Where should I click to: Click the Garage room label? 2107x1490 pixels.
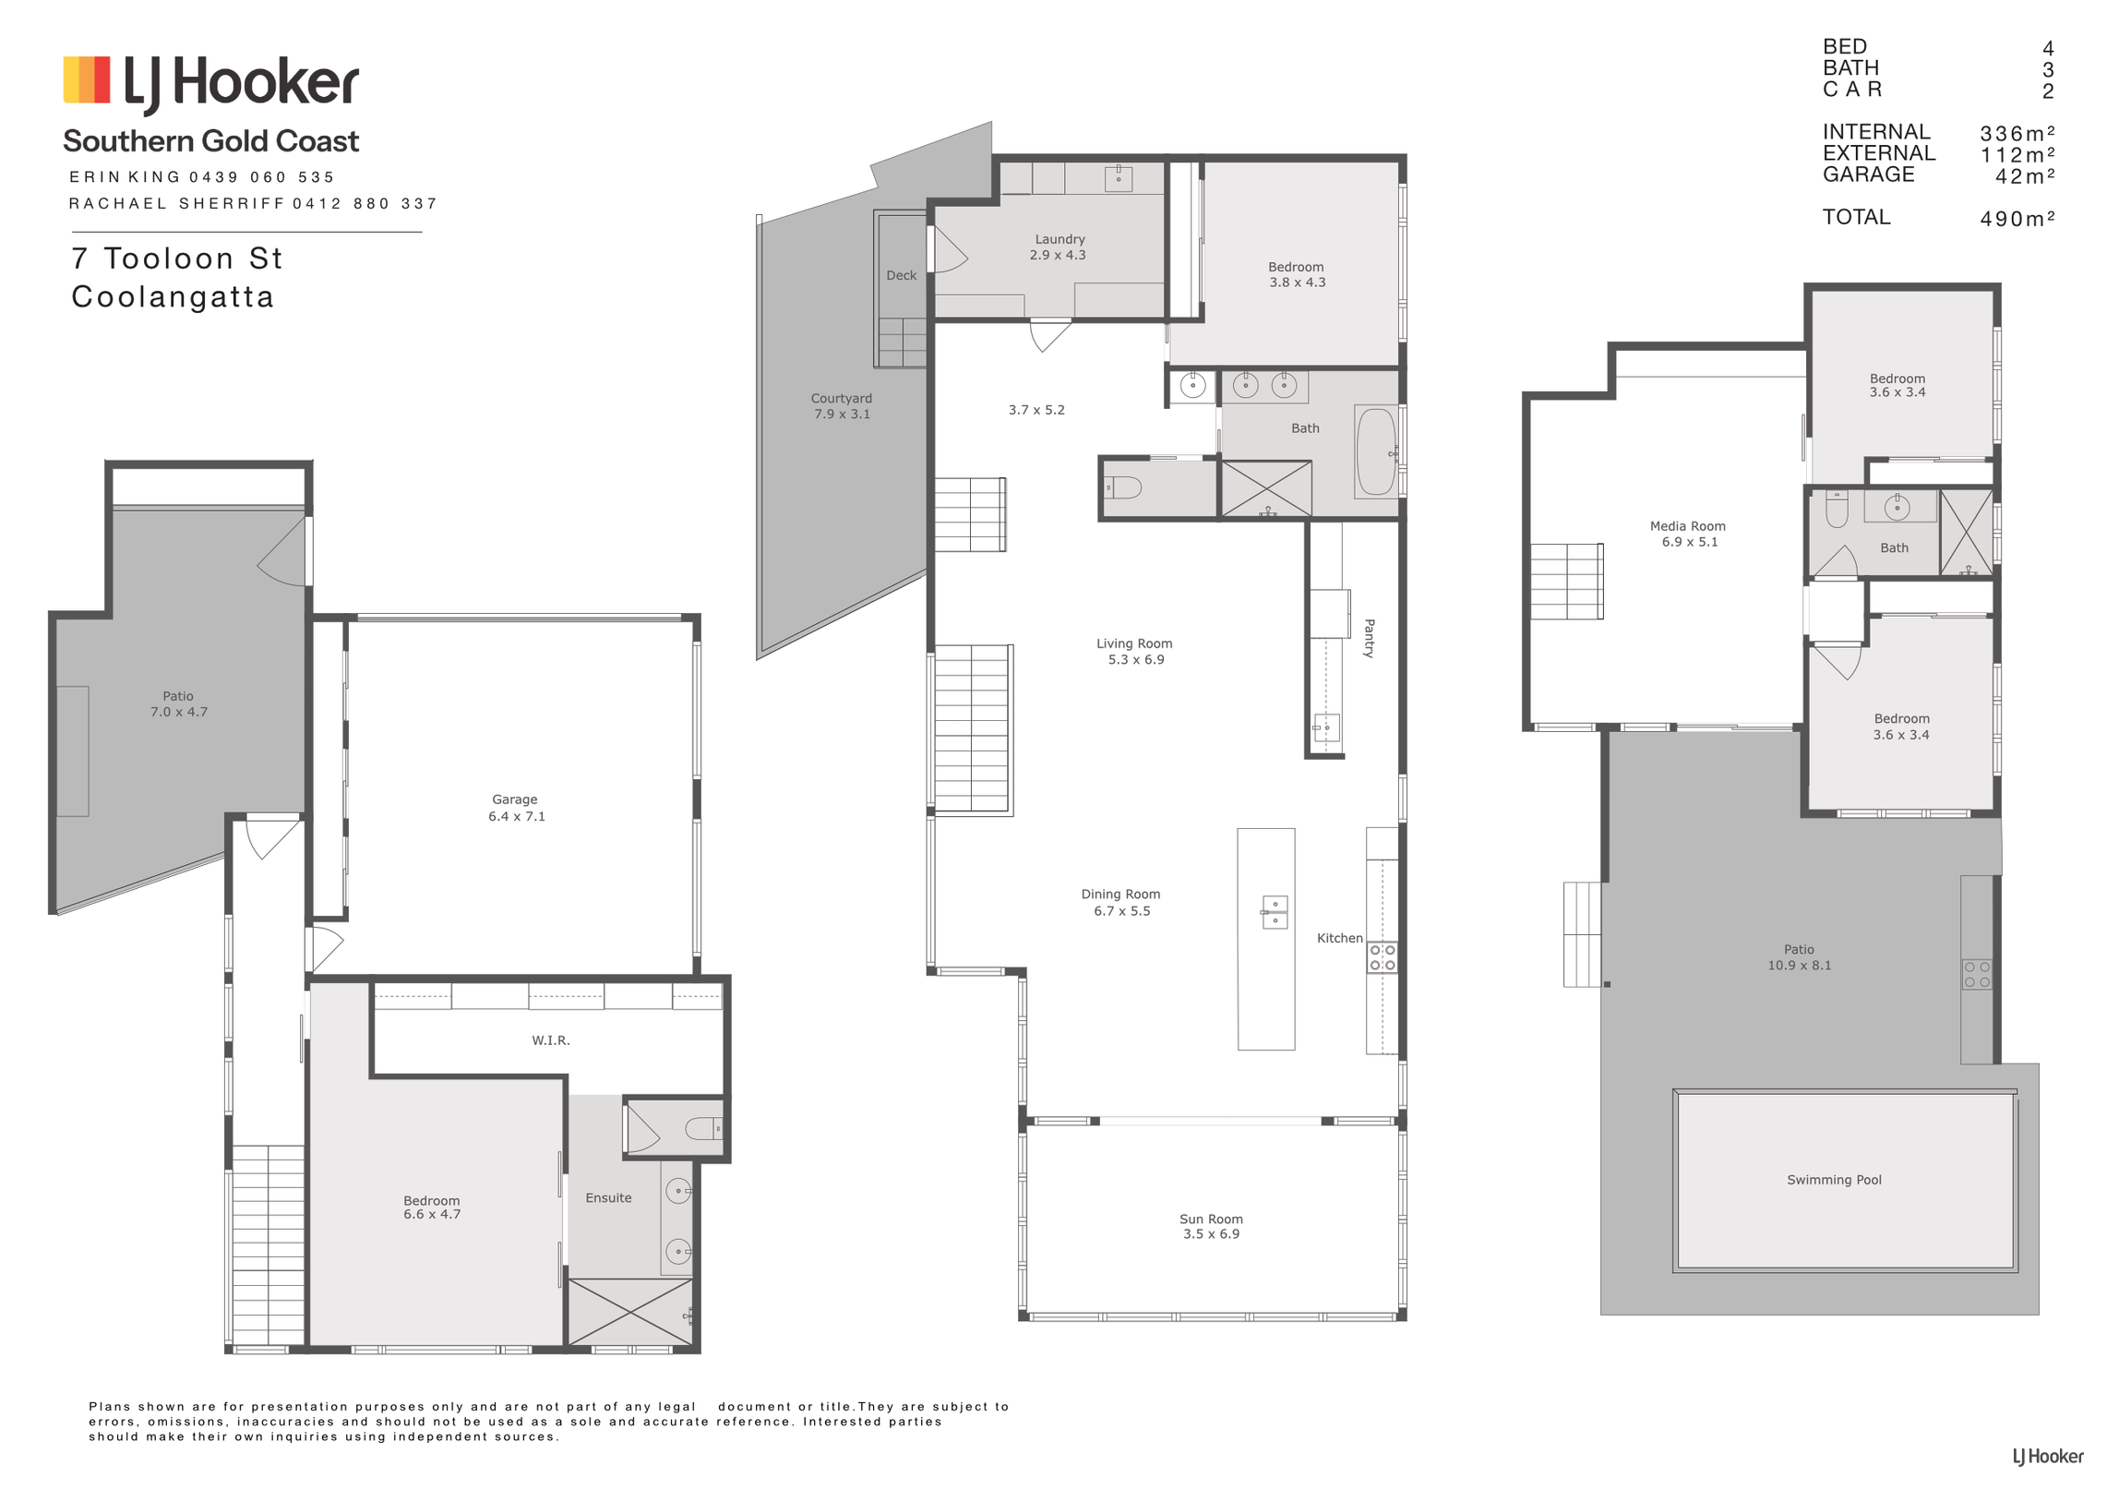coord(514,799)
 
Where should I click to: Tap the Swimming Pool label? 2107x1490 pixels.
coord(1833,1180)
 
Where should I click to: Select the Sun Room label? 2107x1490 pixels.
coord(1210,1219)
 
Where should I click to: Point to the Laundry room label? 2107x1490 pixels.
coord(1059,239)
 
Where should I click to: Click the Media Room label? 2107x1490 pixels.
coord(1687,526)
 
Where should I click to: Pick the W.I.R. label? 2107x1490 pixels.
coord(550,1040)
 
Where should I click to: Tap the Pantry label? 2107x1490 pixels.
coord(1369,638)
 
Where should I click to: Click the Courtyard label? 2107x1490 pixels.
coord(841,399)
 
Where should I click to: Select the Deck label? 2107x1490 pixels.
coord(901,275)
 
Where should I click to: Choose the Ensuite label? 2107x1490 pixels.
coord(608,1197)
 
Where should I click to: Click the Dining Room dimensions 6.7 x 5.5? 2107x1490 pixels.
coord(1121,911)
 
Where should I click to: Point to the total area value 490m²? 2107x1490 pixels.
coord(2017,219)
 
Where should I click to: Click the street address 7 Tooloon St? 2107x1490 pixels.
coord(176,258)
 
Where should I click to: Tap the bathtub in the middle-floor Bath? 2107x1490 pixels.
coord(1375,451)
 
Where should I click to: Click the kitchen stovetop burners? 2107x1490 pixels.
coord(1382,957)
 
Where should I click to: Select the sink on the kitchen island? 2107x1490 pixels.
coord(1274,912)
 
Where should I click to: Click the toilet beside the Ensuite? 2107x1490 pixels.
coord(704,1127)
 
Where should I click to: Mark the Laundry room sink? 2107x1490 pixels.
coord(1118,178)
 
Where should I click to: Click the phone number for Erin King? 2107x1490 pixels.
coord(261,177)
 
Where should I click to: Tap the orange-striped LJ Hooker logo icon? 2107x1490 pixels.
coord(87,79)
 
